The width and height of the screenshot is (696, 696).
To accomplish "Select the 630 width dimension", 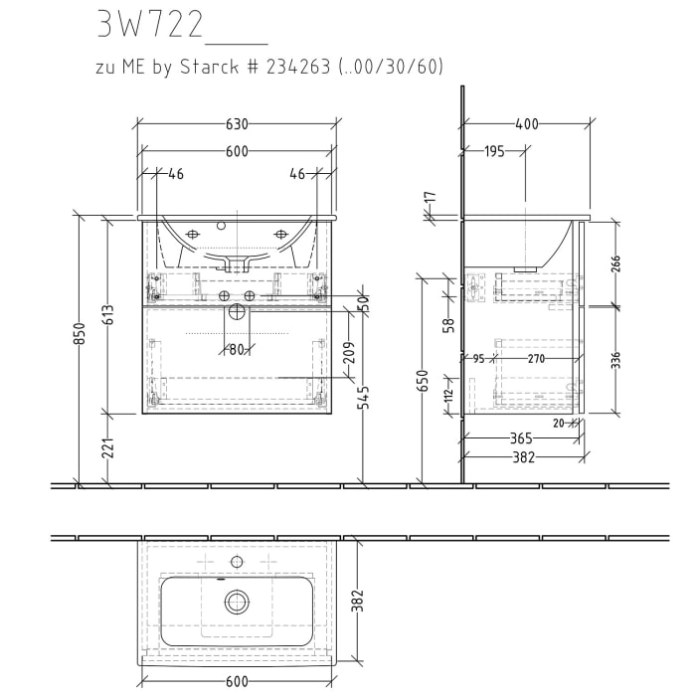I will (237, 124).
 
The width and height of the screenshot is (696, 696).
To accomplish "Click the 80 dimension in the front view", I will (237, 349).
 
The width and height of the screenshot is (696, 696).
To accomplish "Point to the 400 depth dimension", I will (526, 124).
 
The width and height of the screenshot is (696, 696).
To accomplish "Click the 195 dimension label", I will (494, 151).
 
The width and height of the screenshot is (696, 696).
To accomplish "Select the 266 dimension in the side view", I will (615, 263).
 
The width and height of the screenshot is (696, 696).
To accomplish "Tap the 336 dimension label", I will (615, 359).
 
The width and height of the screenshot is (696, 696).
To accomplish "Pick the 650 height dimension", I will (424, 381).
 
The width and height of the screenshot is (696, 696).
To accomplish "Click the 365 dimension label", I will (520, 437).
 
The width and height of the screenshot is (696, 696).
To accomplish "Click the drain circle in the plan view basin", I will (237, 601).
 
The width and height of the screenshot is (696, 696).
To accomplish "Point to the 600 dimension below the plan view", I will (237, 682).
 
